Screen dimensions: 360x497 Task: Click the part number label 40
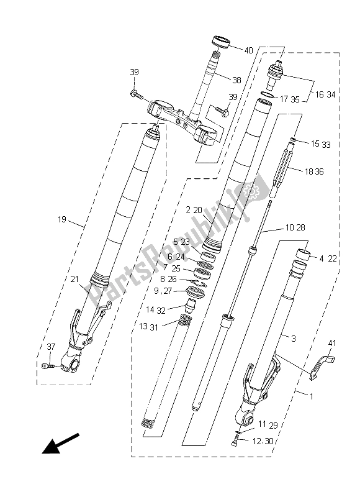coord(248,50)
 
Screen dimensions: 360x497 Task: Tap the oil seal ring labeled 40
coord(220,42)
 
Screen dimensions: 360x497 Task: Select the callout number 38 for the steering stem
coord(236,80)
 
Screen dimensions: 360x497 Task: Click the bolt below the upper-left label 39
coord(136,94)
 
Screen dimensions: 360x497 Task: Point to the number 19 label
coord(61,219)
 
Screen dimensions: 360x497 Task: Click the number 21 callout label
coord(74,279)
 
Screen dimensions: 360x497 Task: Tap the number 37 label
coord(51,347)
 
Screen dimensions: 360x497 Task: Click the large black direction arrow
coord(60,443)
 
